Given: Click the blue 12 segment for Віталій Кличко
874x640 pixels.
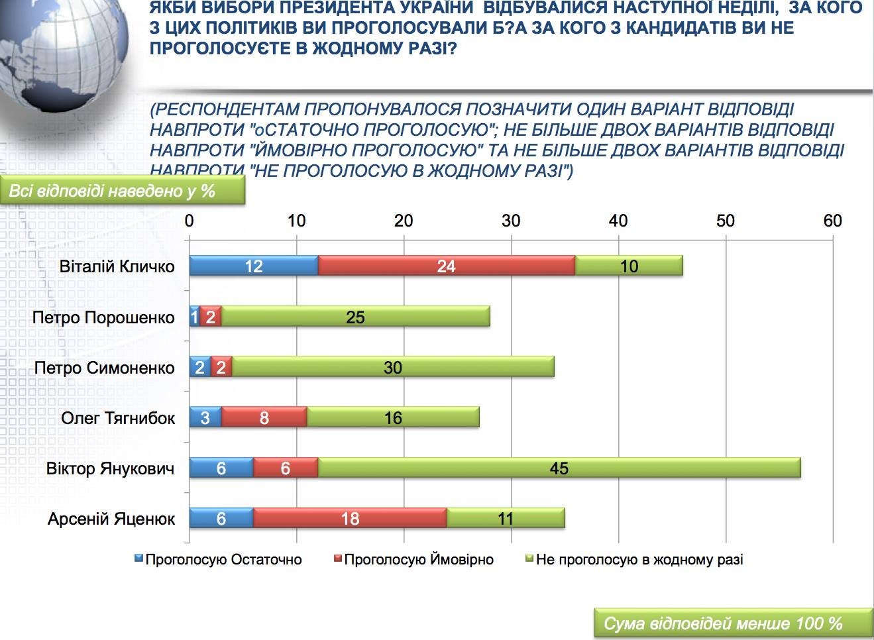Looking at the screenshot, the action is tap(254, 266).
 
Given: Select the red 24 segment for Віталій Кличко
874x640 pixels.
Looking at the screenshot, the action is tap(447, 266).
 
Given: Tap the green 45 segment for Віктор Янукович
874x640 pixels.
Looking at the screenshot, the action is tap(559, 468).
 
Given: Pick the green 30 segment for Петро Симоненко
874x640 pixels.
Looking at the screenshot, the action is tap(393, 366).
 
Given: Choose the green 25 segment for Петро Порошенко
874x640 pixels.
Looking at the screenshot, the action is tap(355, 316).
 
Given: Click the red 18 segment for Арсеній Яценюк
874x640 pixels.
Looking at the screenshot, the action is tap(350, 518).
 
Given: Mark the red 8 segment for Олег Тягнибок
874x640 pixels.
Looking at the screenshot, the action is tap(264, 417).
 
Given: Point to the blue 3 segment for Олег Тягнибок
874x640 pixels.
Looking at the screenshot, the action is tap(205, 417).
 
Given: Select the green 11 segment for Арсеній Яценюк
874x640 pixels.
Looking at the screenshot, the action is tap(506, 518).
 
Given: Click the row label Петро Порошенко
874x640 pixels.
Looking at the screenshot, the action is tap(103, 317).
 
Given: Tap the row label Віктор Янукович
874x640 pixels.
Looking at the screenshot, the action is tap(110, 468).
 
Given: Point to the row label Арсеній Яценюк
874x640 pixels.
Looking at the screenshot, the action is tap(111, 519).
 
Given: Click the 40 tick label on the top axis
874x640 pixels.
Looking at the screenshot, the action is tap(618, 221).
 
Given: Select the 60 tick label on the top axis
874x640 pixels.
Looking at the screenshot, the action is tap(833, 221).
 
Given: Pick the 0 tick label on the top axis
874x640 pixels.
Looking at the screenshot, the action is tap(190, 221).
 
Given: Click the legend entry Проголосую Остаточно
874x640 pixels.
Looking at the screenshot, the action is tap(218, 560).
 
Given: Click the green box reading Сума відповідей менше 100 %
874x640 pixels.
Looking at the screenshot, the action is tap(733, 623).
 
